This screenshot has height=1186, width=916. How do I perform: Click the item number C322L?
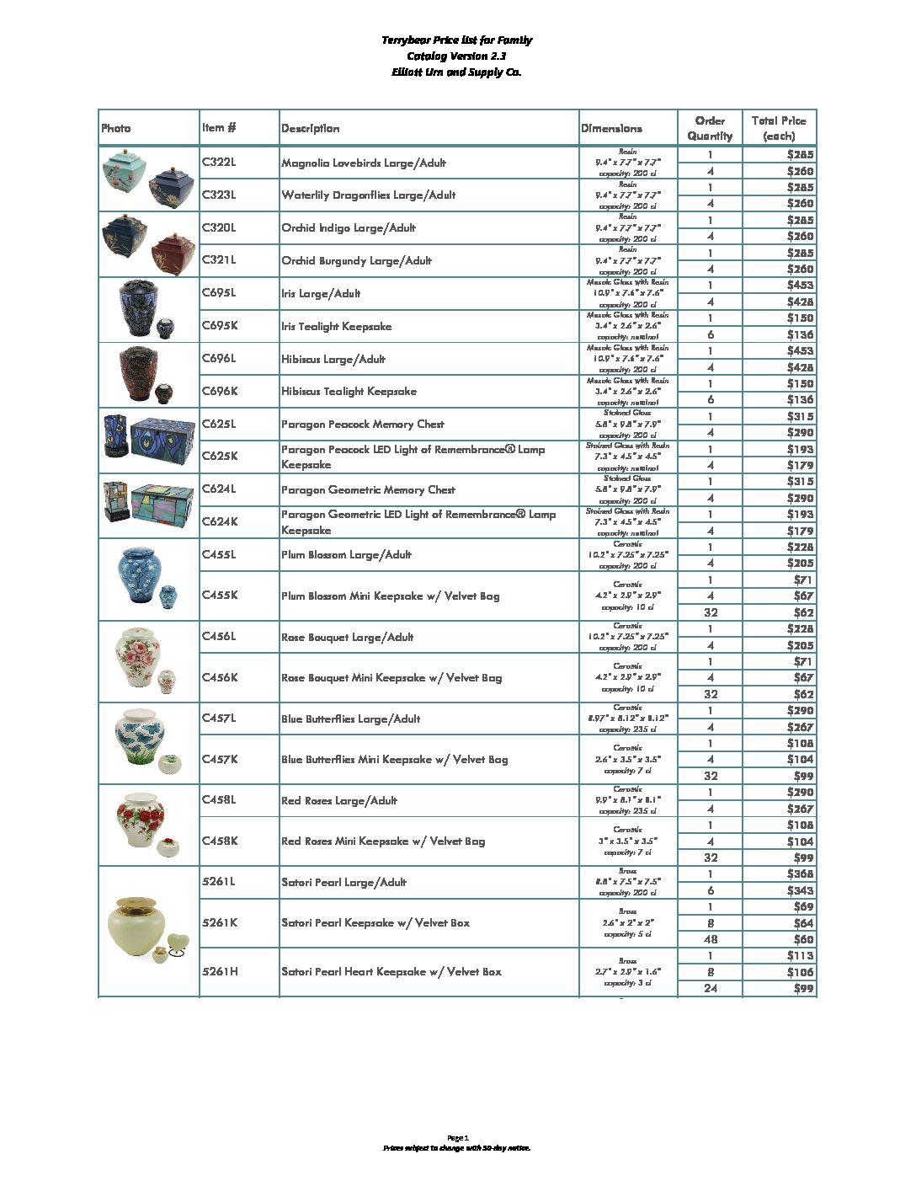point(219,162)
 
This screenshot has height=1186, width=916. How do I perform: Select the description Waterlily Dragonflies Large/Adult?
point(368,195)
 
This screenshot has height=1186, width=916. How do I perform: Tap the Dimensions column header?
point(611,128)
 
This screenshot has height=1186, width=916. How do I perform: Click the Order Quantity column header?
point(710,128)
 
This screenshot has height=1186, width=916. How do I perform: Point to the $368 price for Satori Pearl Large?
point(800,874)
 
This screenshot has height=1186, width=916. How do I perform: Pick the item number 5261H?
point(220,971)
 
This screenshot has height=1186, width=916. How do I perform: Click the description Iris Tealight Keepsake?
point(336,326)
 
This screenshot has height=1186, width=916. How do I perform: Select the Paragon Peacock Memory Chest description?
point(362,424)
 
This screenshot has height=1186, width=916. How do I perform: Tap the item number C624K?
point(220,521)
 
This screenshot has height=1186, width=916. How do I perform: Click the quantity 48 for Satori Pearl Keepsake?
point(711,939)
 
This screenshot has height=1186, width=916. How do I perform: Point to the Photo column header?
point(116,128)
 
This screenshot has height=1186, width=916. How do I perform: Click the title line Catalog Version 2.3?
point(456,56)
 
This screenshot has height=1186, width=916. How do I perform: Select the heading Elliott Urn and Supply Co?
point(456,72)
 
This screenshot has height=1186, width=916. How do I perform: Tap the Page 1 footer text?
point(457,1137)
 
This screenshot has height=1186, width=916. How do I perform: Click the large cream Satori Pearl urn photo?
point(136,925)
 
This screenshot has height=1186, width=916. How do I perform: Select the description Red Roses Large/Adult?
point(338,800)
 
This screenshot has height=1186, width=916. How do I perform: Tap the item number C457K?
point(220,759)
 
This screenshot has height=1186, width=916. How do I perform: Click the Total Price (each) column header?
point(779,128)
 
